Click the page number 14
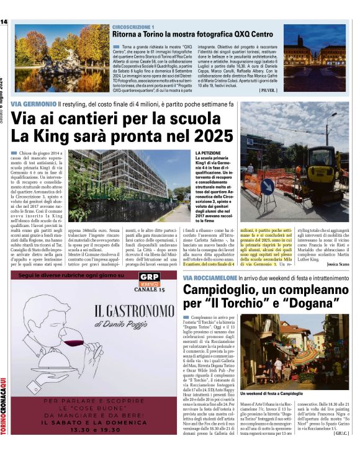pyautogui.click(x=4, y=22)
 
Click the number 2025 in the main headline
pyautogui.click(x=208, y=135)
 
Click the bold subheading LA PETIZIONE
pyautogui.click(x=210, y=153)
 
